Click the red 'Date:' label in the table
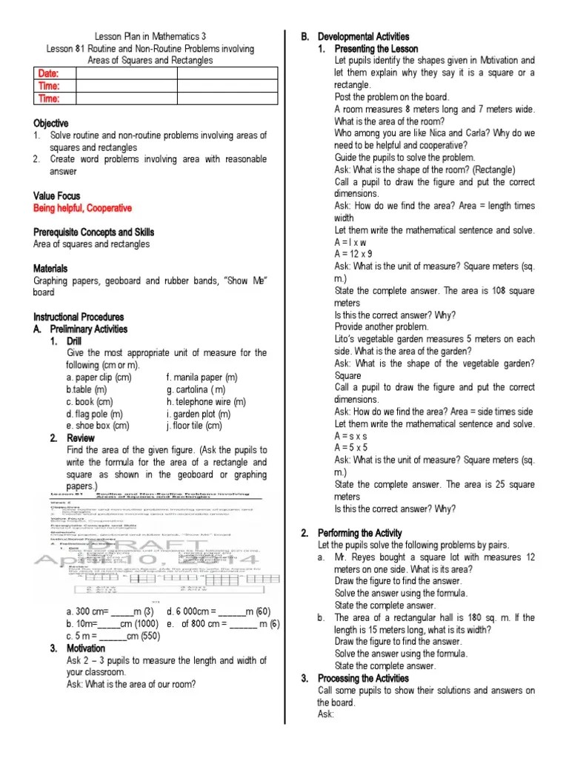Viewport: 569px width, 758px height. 47,73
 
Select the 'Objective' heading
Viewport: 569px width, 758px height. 50,123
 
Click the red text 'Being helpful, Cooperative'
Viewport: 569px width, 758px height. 82,208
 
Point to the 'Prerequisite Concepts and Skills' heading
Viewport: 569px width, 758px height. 104,232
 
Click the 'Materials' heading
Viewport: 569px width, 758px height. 50,268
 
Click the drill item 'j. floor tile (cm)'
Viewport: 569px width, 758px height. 194,426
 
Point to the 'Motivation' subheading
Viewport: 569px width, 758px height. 87,648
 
